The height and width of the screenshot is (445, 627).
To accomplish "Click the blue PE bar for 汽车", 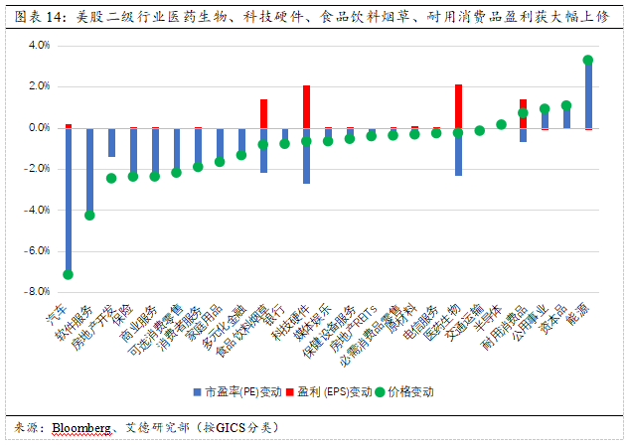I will point(69,199).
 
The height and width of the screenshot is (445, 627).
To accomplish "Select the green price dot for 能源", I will point(588,61).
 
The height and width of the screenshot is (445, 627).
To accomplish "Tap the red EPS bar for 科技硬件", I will point(306,106).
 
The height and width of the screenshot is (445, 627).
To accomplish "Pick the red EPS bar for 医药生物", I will point(458,106).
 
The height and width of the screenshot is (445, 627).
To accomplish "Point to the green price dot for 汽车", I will point(68,274).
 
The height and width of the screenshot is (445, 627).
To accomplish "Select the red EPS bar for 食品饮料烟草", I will point(263,113).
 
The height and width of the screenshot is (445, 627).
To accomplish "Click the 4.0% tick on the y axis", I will point(37,46).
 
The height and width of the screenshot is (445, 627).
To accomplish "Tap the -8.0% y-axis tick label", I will point(36,292).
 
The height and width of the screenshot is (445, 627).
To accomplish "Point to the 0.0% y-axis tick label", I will point(37,128).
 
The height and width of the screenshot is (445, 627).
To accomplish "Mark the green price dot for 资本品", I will point(566,105).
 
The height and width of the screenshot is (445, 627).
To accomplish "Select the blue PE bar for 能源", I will point(588,94).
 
